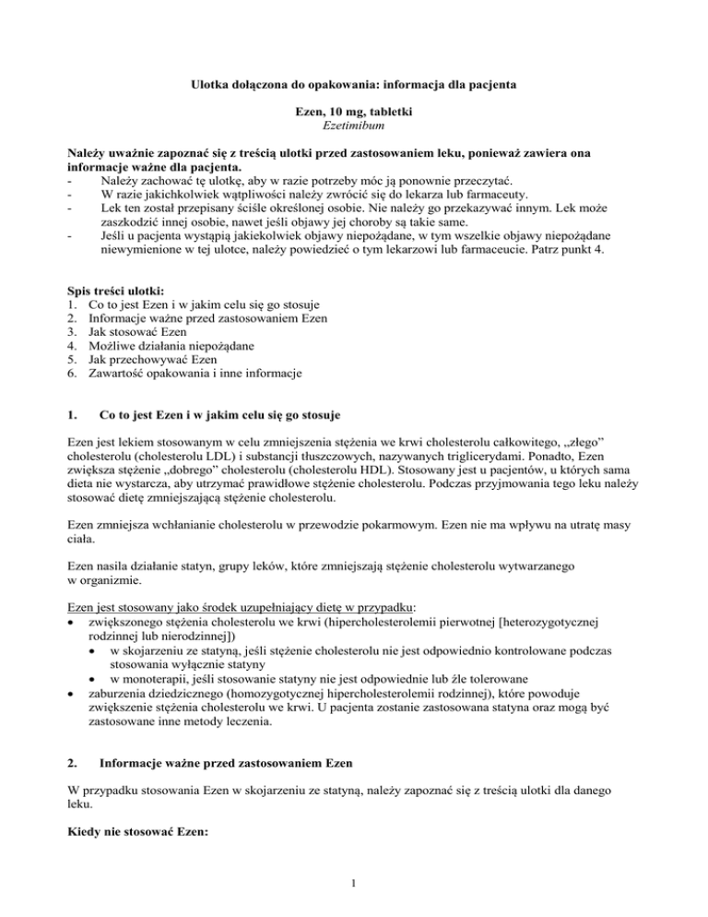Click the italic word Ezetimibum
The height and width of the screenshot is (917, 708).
tap(353, 125)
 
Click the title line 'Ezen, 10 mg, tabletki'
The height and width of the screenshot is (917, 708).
tap(353, 111)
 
